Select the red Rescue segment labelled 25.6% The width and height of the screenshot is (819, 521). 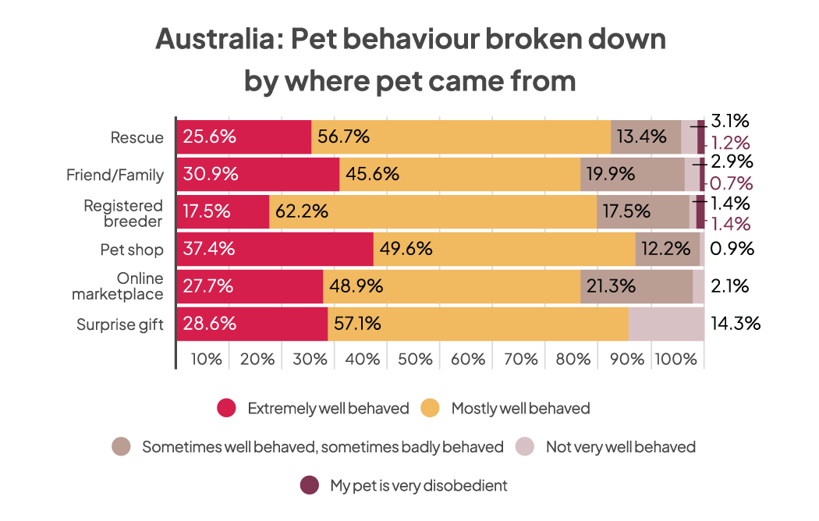[x=244, y=137]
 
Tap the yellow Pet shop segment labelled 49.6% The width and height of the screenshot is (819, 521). [x=505, y=250]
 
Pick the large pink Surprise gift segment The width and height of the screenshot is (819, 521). [x=666, y=324]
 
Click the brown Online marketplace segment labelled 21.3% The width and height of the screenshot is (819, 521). [x=636, y=286]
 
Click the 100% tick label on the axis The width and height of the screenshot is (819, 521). [x=675, y=359]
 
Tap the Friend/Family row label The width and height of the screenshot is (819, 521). [x=115, y=175]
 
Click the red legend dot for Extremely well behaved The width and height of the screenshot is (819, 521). [x=226, y=408]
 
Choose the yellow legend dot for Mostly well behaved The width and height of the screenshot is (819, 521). [x=431, y=408]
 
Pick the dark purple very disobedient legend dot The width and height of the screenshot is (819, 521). [x=310, y=485]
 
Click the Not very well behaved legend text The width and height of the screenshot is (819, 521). [x=620, y=447]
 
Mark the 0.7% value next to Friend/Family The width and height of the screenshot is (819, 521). [x=732, y=185]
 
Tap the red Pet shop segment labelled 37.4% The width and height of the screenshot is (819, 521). [x=275, y=250]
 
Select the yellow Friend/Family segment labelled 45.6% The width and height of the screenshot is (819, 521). [x=460, y=174]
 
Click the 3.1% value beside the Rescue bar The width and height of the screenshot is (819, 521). [x=731, y=121]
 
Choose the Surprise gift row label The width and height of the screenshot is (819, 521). [x=120, y=324]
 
